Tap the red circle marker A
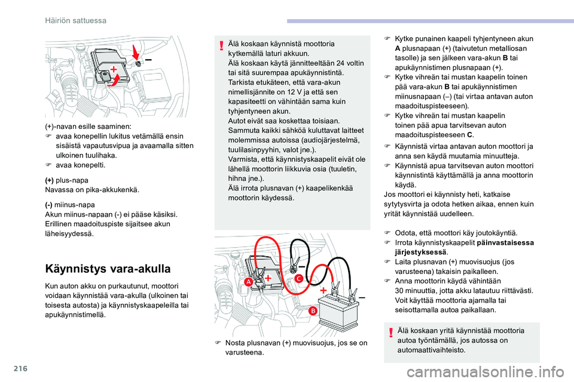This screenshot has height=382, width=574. (247, 282)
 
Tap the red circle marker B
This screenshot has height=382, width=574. (312, 311)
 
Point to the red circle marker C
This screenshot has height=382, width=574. (296, 278)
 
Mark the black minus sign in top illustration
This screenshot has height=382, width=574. (148, 60)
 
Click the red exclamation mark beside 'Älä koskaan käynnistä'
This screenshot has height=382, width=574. (222, 45)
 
